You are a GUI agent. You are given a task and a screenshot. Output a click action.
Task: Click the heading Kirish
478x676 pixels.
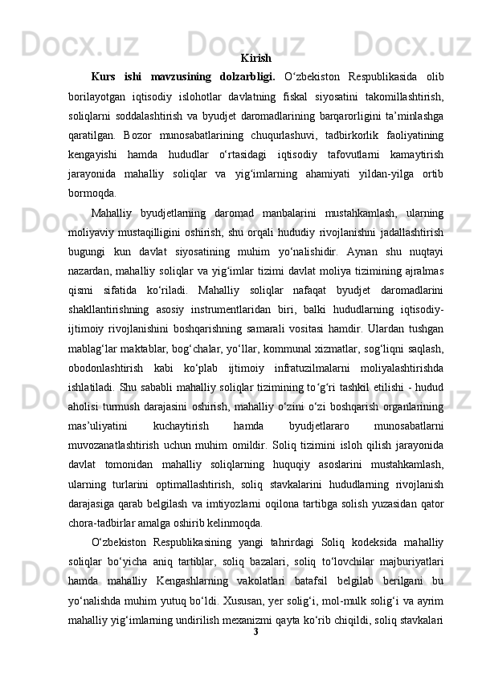(x=255, y=59)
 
